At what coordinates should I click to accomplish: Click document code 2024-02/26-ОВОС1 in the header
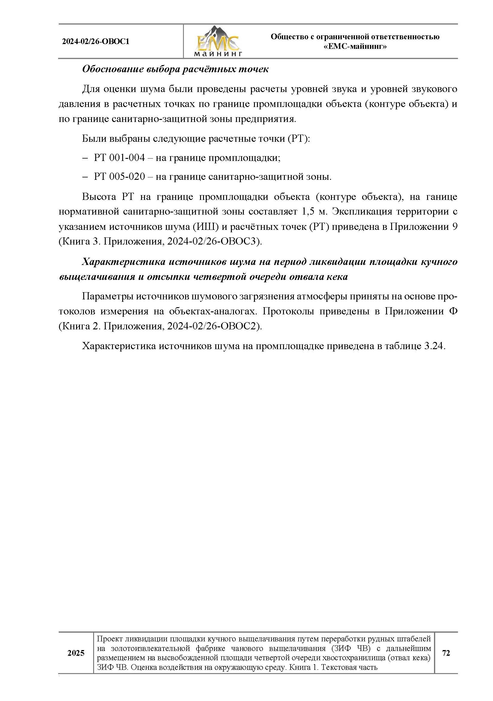tap(96, 42)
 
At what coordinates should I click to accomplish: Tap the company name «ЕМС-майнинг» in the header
tap(355, 46)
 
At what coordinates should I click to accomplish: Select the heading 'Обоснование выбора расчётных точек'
tap(175, 69)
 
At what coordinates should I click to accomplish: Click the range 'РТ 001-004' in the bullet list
tap(119, 158)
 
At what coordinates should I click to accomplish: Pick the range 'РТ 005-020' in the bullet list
tap(119, 177)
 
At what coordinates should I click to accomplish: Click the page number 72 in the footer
tap(446, 653)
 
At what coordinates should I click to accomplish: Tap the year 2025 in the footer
tap(76, 653)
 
